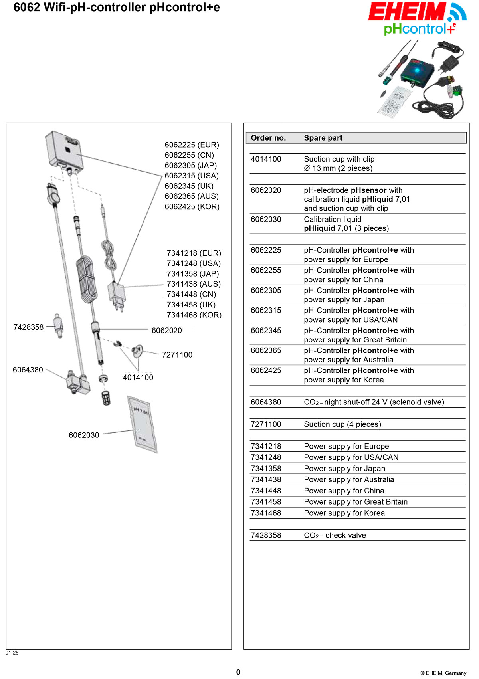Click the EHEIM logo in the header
407,12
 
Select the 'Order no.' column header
268,138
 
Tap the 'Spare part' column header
323,138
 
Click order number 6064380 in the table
266,402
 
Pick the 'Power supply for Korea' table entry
344,513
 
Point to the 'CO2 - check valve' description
335,535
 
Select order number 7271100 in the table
266,424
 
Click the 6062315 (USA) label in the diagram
192,176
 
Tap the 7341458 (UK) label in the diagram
191,305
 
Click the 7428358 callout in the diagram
28,327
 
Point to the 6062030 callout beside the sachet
84,435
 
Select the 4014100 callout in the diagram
138,378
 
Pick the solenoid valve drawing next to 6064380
77,383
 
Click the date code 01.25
12,653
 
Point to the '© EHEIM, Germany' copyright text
443,673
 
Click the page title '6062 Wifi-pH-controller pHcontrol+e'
117,7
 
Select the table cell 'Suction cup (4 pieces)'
342,424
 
